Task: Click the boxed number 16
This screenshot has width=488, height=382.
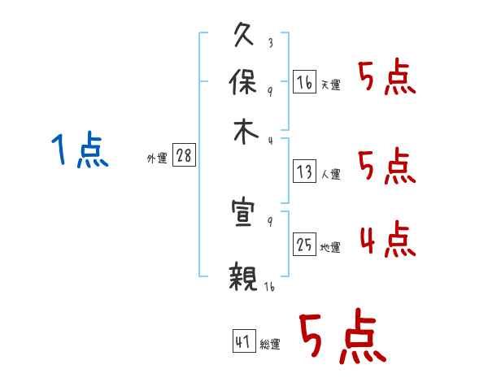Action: point(304,81)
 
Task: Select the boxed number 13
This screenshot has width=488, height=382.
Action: point(304,171)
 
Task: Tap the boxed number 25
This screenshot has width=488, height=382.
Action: point(304,243)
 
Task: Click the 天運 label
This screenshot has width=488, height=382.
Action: point(330,85)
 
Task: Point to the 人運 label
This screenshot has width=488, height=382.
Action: point(330,174)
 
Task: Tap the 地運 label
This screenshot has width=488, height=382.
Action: point(330,247)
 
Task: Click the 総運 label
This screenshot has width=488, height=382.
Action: point(269,344)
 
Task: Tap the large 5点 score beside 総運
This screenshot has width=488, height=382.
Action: point(342,337)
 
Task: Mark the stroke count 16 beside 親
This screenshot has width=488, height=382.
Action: point(268,287)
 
